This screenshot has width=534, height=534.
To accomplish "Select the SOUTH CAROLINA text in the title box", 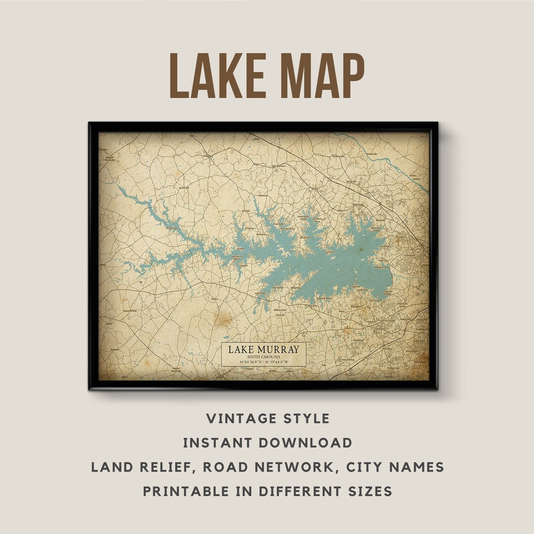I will [x=264, y=357].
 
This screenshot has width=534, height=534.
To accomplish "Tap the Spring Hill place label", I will [x=351, y=182].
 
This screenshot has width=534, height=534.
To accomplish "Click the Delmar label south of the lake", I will [x=214, y=299].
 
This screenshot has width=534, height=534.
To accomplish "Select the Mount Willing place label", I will [x=130, y=311].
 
